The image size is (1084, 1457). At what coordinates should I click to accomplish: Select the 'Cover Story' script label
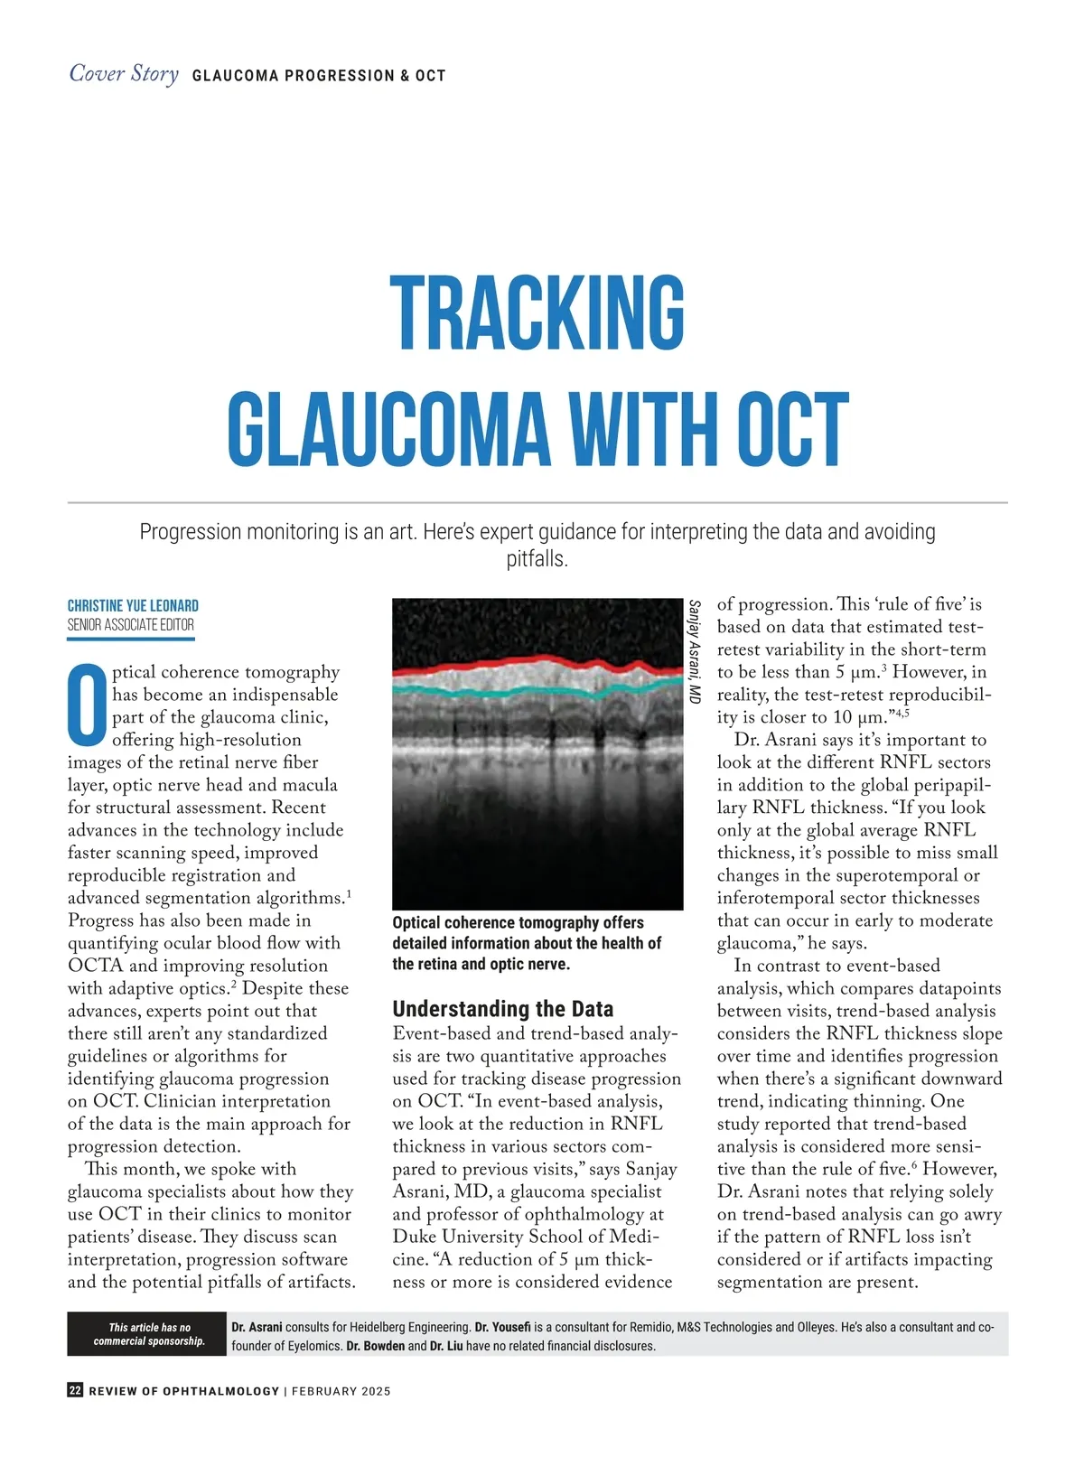tap(124, 73)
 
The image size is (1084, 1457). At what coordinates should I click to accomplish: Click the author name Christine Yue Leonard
tap(133, 605)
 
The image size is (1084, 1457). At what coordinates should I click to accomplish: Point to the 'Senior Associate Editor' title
tap(131, 624)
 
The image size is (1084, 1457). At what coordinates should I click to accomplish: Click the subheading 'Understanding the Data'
tap(503, 1009)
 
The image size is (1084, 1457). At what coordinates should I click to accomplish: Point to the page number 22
tap(75, 1390)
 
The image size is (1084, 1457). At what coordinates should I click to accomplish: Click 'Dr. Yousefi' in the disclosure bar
tap(502, 1327)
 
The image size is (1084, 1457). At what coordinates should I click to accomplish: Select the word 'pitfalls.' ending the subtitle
tap(537, 559)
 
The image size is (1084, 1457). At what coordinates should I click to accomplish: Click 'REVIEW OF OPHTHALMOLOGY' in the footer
tap(184, 1391)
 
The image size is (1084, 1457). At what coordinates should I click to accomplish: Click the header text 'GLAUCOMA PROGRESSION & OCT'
tap(319, 76)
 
